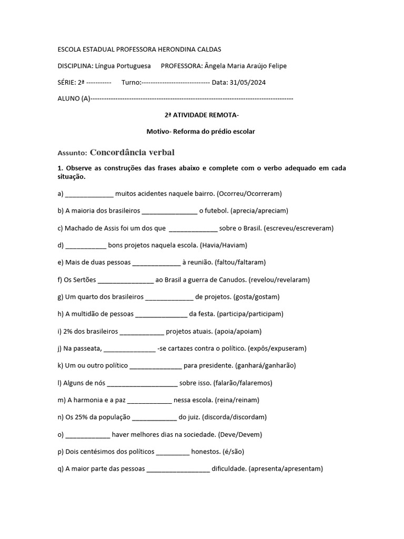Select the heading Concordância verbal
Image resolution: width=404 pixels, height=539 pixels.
[132, 152]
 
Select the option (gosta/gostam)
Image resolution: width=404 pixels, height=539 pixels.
[256, 296]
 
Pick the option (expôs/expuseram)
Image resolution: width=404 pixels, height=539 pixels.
[276, 348]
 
